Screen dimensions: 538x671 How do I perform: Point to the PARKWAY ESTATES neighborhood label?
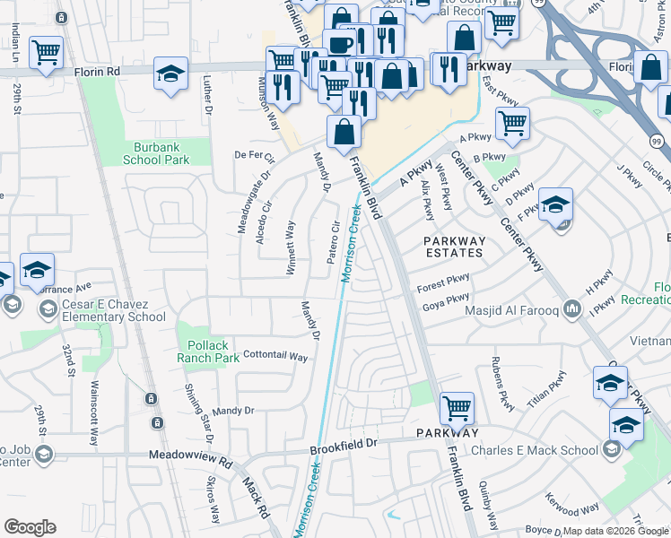[x=454, y=247]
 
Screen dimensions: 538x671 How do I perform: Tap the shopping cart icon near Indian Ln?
[x=46, y=52]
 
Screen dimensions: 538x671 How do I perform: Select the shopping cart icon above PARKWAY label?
[x=457, y=409]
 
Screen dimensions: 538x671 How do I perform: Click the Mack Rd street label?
[x=256, y=499]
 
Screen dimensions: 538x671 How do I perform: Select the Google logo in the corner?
[x=30, y=527]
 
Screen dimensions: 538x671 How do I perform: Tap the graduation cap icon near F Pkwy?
[x=555, y=204]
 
